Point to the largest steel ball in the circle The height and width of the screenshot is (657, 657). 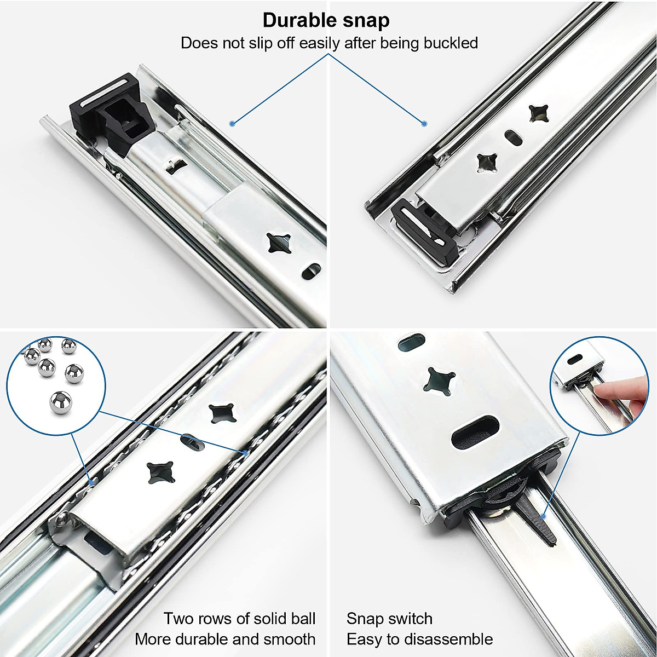click(x=61, y=404)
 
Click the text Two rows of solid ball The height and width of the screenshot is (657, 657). click(x=239, y=619)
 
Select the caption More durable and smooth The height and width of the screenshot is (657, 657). click(x=225, y=639)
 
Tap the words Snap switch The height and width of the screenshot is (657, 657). click(x=389, y=619)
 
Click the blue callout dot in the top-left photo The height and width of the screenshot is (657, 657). click(x=232, y=124)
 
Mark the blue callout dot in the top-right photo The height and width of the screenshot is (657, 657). click(x=424, y=124)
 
